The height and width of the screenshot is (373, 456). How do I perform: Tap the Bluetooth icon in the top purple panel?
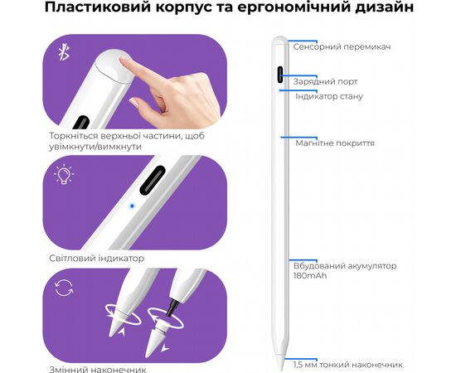(x=64, y=52)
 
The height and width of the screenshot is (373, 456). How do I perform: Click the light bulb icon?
(x=64, y=174)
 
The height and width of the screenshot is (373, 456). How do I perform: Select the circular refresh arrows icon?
(x=64, y=288)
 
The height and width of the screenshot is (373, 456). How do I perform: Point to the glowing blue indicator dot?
(x=132, y=206)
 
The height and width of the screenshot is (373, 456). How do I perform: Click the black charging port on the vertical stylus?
(x=280, y=75)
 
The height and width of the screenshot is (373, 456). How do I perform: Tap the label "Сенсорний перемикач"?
(x=342, y=46)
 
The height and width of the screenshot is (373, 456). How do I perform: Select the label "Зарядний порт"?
(x=325, y=82)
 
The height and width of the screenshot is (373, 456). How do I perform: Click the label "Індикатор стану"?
(x=329, y=96)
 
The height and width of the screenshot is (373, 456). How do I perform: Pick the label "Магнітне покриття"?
(x=335, y=143)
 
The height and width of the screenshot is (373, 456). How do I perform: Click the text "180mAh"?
(x=310, y=276)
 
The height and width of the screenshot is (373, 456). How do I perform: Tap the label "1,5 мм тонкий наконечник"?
(x=348, y=365)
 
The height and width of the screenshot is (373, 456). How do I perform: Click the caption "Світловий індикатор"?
(x=96, y=258)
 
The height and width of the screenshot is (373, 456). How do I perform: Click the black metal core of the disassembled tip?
(x=173, y=308)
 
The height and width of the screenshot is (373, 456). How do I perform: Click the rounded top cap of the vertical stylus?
(x=280, y=40)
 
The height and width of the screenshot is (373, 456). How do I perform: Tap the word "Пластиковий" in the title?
(x=98, y=7)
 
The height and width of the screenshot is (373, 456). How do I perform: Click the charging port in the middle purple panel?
(x=153, y=180)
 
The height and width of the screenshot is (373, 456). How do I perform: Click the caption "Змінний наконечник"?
(x=98, y=370)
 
